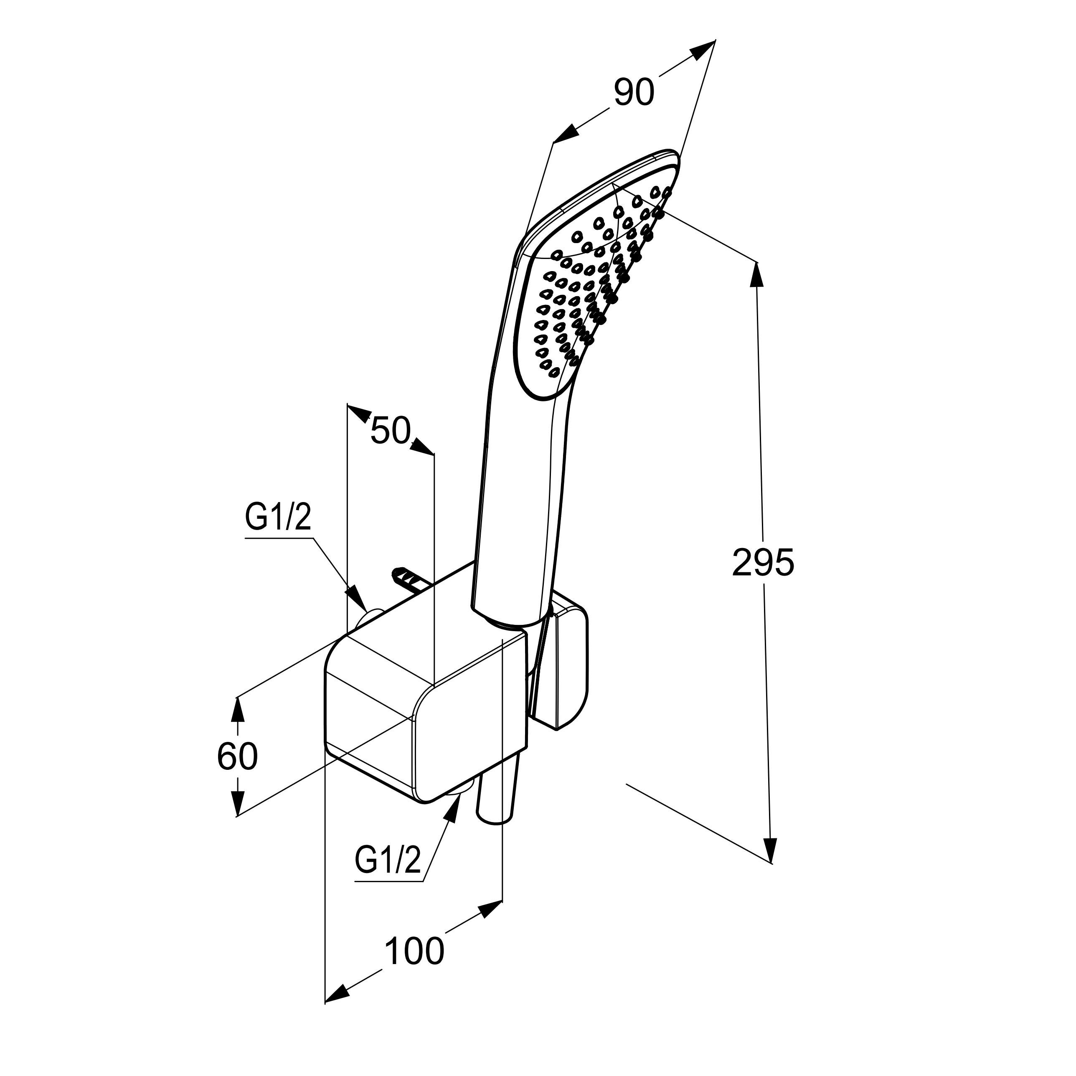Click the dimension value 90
(634, 92)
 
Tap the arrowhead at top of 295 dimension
(757, 274)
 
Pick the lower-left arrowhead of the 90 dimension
(565, 133)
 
